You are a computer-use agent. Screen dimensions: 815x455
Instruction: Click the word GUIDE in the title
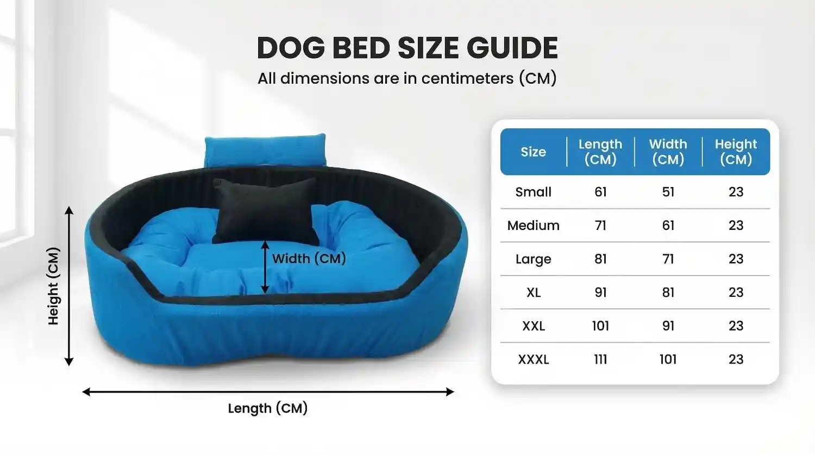click(512, 48)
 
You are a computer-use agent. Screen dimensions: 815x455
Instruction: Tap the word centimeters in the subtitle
click(467, 78)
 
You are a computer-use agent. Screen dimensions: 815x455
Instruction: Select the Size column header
click(533, 152)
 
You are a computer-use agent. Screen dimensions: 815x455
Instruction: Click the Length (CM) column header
click(600, 152)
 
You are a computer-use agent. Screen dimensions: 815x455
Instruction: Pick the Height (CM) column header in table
click(736, 152)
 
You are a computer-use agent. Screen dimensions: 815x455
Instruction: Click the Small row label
click(533, 192)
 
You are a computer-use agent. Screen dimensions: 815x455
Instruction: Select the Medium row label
click(533, 225)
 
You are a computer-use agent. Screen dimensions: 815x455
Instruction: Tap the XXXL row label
click(533, 359)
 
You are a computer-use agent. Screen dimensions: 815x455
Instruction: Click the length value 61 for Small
click(600, 192)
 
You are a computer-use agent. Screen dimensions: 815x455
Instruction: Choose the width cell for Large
click(668, 259)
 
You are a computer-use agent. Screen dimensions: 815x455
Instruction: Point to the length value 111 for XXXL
click(600, 359)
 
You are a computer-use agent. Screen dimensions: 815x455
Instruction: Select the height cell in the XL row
click(736, 292)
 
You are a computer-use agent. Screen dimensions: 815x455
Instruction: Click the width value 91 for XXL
click(668, 326)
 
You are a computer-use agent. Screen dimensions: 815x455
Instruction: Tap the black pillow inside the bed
click(265, 211)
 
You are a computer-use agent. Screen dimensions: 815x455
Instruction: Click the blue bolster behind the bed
click(265, 150)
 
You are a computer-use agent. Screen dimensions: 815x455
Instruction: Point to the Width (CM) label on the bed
click(309, 258)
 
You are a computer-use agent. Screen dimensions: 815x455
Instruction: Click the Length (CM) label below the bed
click(268, 408)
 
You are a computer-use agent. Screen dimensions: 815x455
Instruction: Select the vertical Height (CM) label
click(53, 286)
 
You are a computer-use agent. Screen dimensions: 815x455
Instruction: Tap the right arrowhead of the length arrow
click(450, 392)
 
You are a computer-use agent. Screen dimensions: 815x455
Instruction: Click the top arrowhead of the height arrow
click(69, 210)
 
